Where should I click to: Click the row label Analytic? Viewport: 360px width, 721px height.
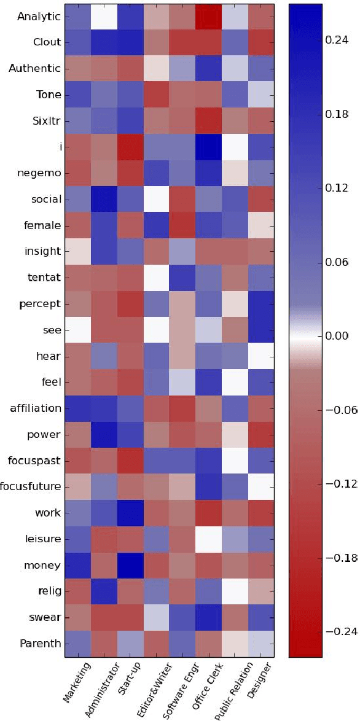coord(39,17)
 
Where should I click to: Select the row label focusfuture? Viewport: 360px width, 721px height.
coord(31,487)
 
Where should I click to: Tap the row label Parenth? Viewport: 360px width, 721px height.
coord(40,644)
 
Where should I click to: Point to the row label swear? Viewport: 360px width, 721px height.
coord(45,618)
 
